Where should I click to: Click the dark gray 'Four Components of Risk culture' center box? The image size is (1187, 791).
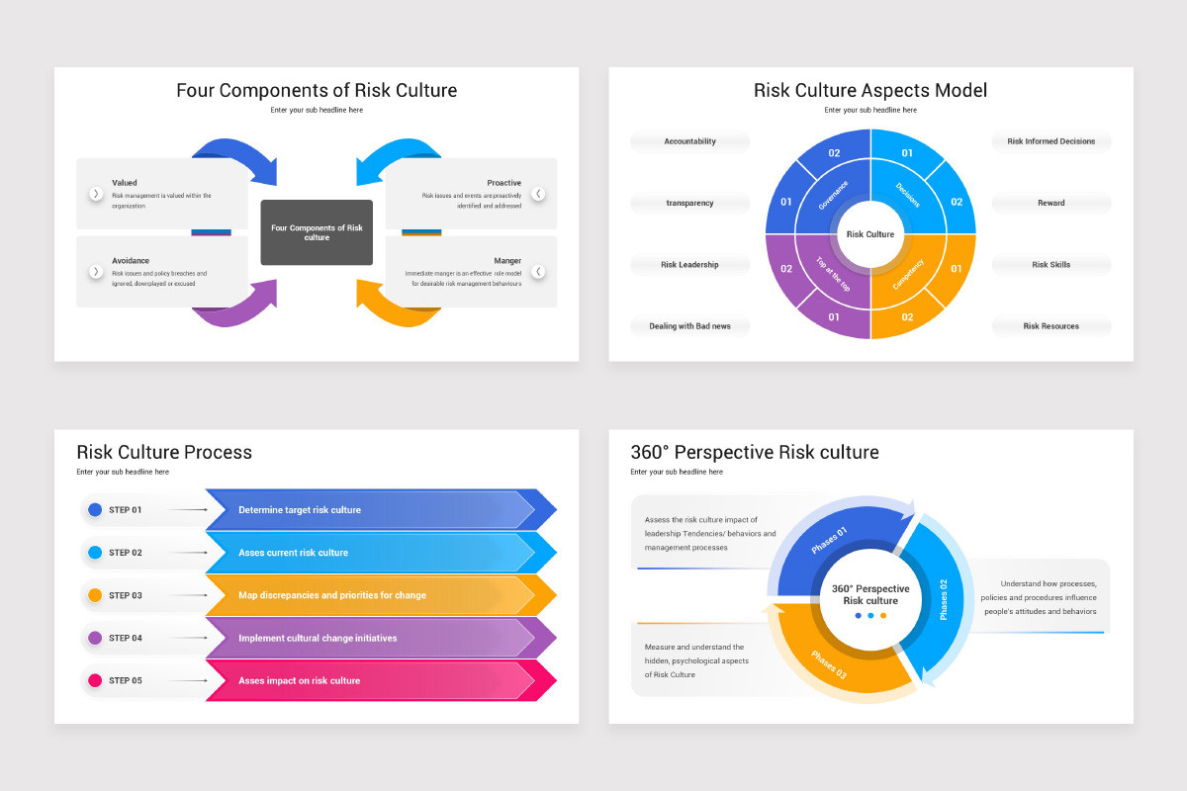[317, 232]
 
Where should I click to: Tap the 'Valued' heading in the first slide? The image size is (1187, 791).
[125, 183]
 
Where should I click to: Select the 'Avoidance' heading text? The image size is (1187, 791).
[131, 261]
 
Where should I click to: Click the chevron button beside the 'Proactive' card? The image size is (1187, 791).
[538, 194]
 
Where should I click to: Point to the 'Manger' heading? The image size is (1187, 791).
[507, 261]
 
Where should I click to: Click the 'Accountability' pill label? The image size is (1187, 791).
[689, 141]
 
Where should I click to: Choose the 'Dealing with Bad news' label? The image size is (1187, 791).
[689, 326]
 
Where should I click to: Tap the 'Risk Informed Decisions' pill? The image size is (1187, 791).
[1050, 141]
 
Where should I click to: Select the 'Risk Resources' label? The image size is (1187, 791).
[1050, 326]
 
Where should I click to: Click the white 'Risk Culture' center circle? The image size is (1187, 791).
[870, 234]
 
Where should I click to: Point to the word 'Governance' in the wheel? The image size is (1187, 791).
[834, 195]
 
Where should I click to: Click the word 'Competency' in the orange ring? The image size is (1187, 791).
[908, 274]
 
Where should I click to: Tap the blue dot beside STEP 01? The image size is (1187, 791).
[95, 510]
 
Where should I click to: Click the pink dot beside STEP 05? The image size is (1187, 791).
[95, 680]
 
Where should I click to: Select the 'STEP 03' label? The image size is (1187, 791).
[126, 595]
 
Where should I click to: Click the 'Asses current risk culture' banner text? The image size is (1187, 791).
[293, 553]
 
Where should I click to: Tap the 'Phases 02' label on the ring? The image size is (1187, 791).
[943, 599]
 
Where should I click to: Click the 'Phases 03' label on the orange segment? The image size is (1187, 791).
[829, 664]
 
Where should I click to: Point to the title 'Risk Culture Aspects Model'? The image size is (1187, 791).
[870, 91]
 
